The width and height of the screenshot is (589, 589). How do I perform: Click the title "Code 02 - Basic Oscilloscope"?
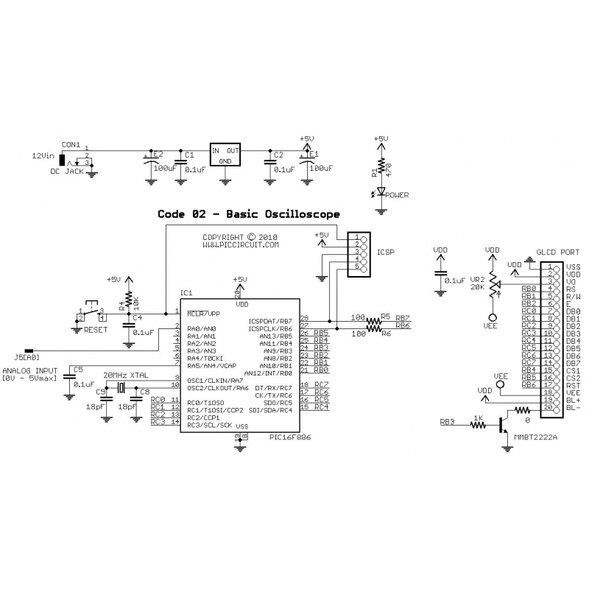click(x=249, y=214)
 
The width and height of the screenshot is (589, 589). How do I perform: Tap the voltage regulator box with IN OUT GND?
click(x=226, y=155)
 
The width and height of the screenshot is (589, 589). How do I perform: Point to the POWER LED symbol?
click(x=381, y=193)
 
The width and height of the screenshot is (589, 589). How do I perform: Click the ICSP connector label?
click(x=386, y=251)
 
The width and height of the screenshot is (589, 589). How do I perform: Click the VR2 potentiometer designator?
click(x=477, y=281)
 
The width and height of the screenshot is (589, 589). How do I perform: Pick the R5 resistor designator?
click(x=385, y=317)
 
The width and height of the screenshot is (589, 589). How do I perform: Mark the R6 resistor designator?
click(x=385, y=333)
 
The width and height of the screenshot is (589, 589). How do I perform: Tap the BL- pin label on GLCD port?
click(x=573, y=407)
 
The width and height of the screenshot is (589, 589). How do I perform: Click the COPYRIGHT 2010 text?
click(x=240, y=237)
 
